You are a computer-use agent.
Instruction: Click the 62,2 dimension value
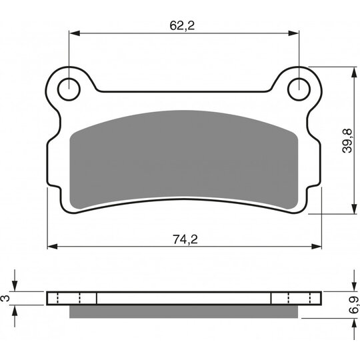182,26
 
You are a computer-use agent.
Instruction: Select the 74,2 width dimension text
185,240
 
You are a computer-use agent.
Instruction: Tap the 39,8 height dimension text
347,141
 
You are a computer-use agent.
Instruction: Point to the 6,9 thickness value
354,305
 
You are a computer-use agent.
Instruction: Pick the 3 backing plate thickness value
6,298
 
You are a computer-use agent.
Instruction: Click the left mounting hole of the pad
69,89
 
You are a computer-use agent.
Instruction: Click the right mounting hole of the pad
299,89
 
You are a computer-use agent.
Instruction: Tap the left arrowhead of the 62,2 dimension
75,33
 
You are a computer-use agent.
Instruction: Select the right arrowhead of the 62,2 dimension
293,33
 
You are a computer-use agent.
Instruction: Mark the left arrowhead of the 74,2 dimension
53,247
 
